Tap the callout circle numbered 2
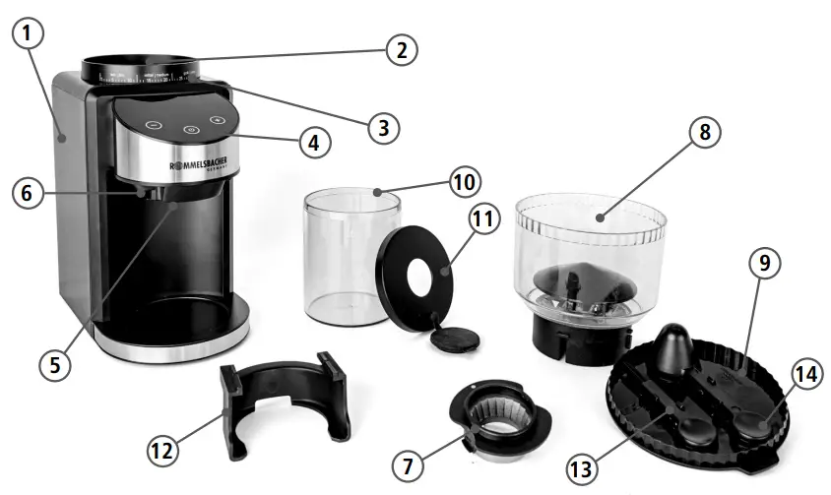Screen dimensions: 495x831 point(399,50)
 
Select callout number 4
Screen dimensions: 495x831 point(313,142)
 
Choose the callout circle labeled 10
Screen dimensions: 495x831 point(464,182)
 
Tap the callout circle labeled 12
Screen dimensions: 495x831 point(164,452)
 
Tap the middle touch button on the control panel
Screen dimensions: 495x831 point(190,129)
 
